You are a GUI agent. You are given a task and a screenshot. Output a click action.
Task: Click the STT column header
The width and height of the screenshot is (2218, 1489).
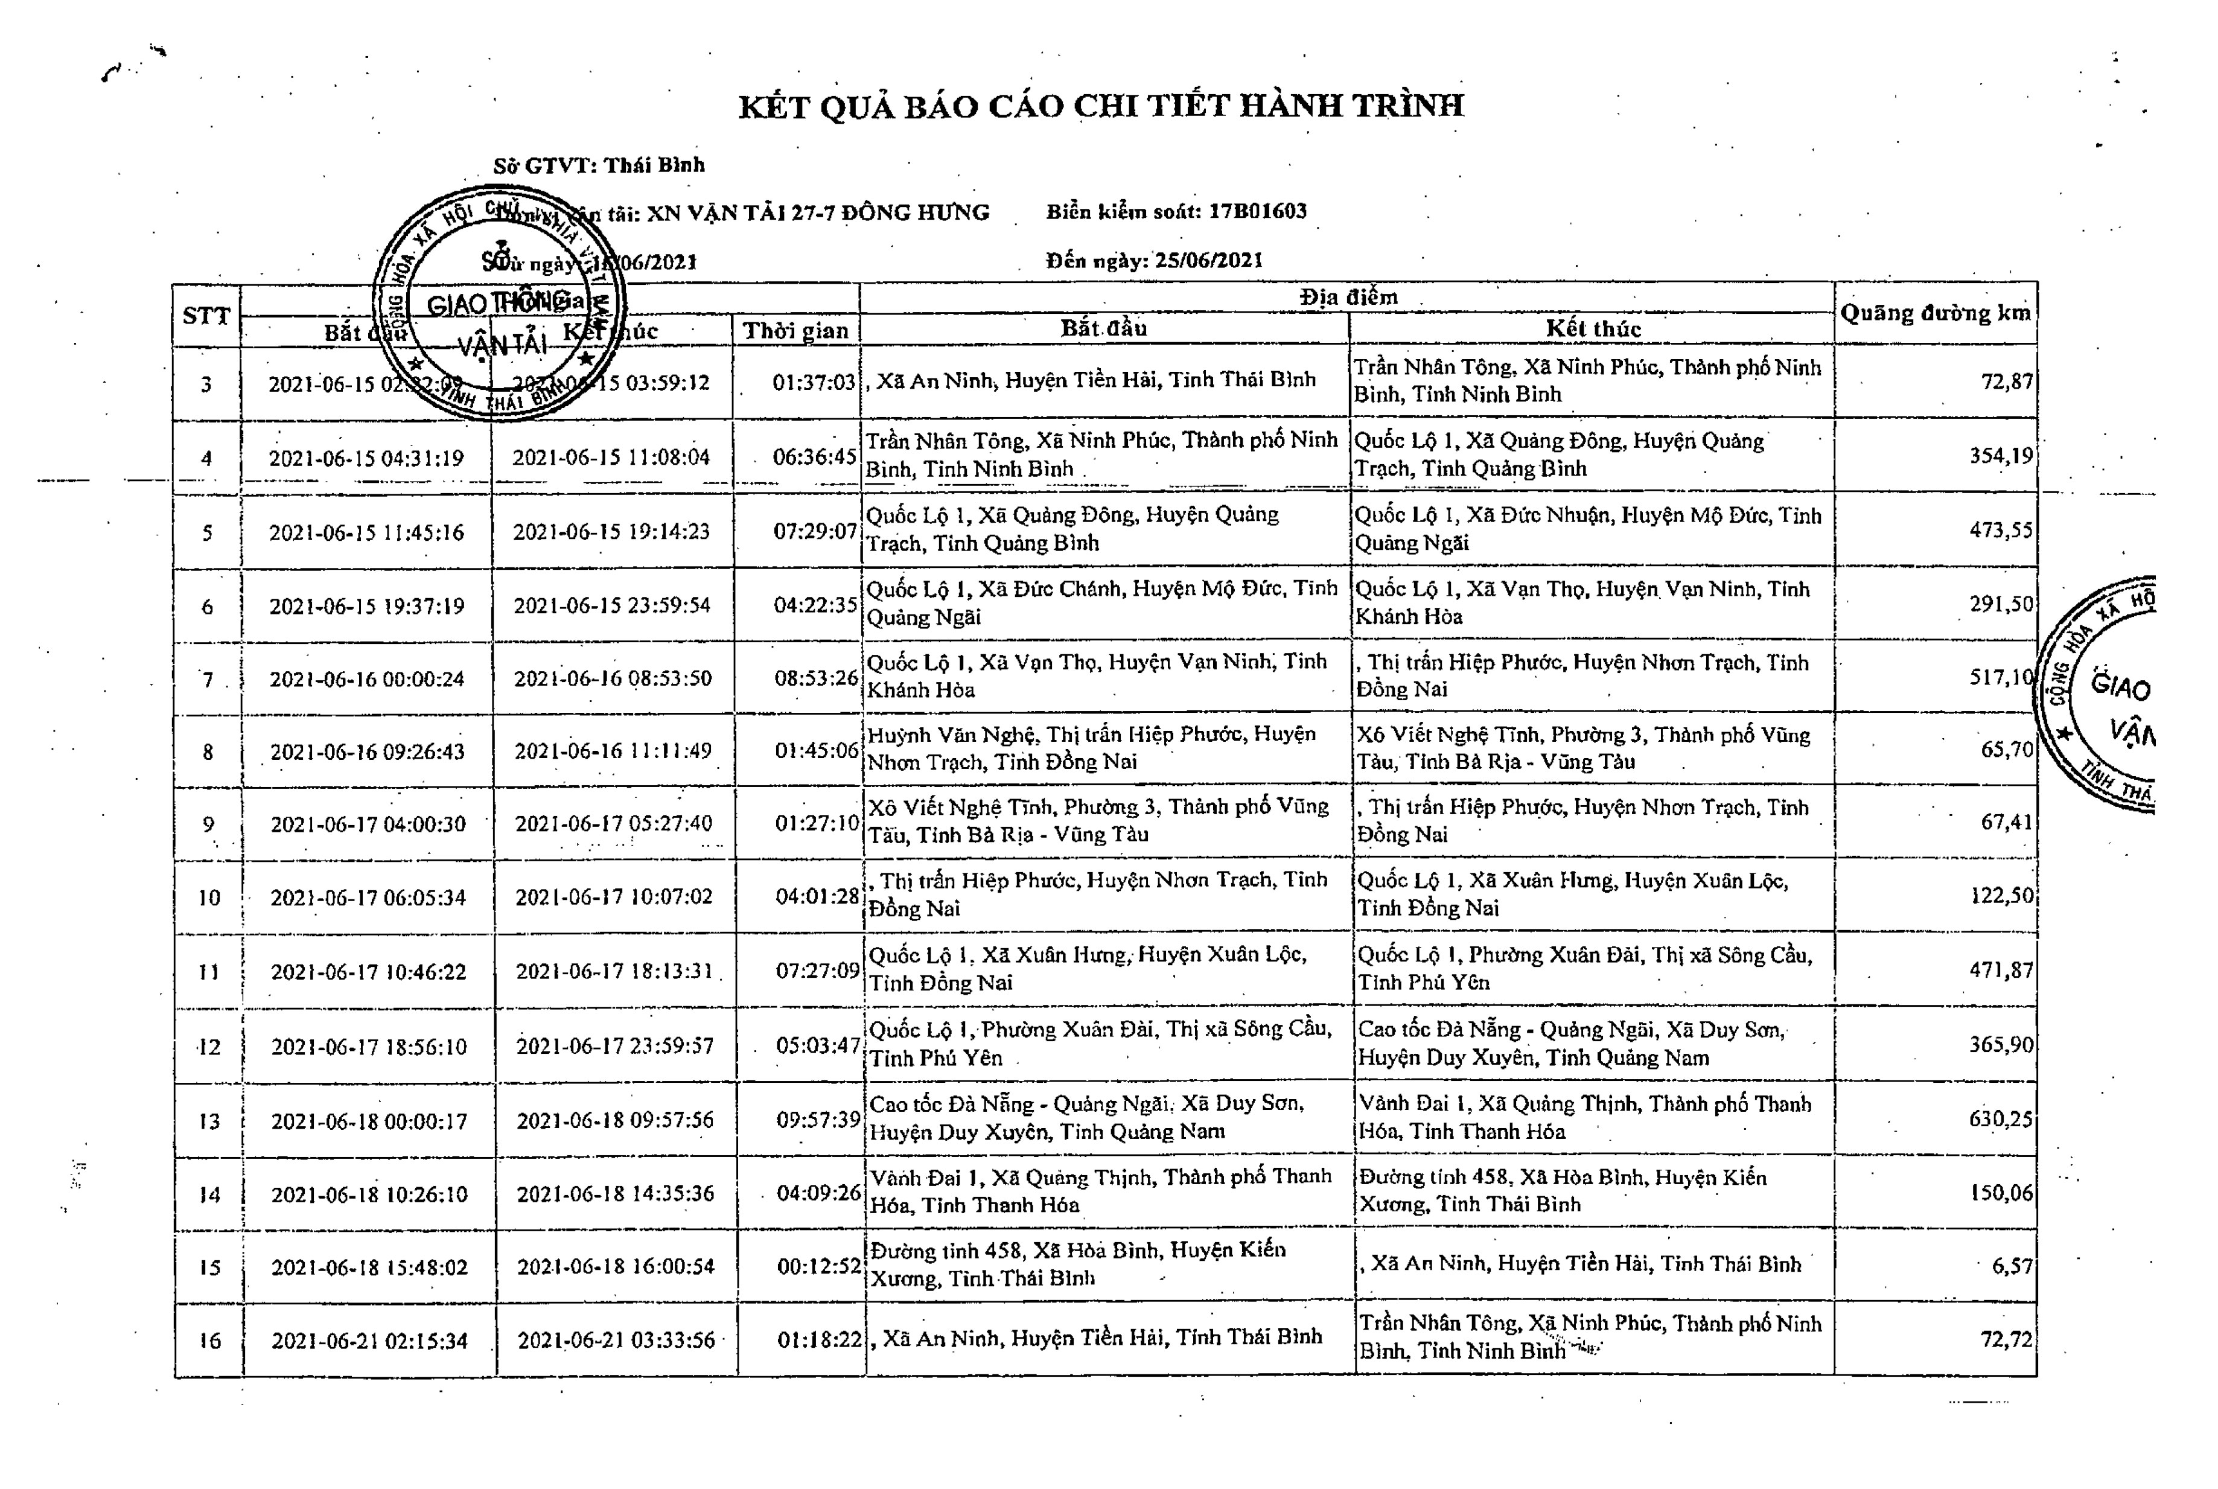pos(206,315)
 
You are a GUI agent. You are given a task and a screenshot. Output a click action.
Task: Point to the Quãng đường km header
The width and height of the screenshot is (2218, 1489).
pos(1935,313)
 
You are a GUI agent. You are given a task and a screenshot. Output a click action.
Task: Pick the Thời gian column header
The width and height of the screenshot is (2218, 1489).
pos(795,331)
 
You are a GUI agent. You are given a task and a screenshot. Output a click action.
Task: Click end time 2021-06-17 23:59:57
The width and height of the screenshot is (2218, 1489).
pos(614,1045)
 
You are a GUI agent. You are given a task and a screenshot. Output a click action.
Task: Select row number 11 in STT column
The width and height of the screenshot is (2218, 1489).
pos(208,972)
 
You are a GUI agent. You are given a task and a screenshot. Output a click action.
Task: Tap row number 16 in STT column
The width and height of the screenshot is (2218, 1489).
pos(209,1340)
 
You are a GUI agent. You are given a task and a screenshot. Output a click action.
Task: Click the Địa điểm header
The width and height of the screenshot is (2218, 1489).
pos(1348,297)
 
